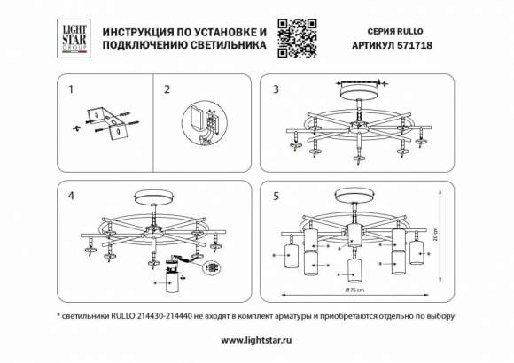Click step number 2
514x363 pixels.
pyautogui.click(x=167, y=89)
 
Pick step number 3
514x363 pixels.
pyautogui.click(x=276, y=89)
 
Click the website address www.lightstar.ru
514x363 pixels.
pyautogui.click(x=256, y=340)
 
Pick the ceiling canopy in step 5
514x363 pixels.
pyautogui.click(x=355, y=194)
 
